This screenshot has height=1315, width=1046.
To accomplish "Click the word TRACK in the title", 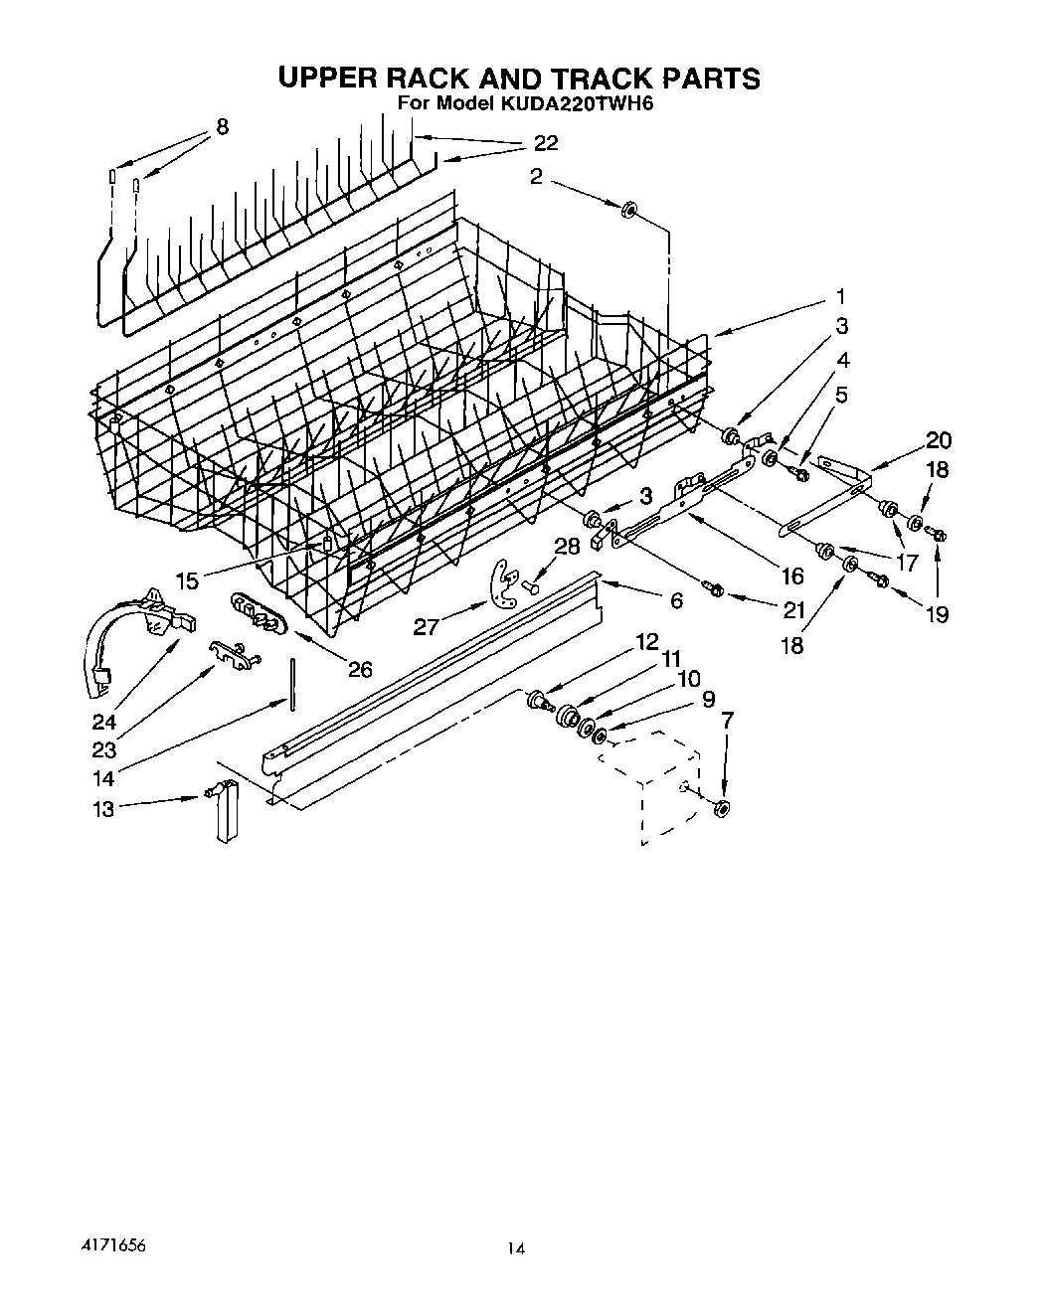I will pyautogui.click(x=585, y=78).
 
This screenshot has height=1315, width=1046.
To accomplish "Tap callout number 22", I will pyautogui.click(x=545, y=143).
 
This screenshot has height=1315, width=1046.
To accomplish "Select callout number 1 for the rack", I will pyautogui.click(x=841, y=296).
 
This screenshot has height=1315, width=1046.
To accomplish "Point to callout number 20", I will pyautogui.click(x=939, y=440).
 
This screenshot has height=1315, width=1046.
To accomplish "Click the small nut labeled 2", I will pyautogui.click(x=628, y=211).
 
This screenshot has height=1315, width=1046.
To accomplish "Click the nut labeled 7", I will pyautogui.click(x=723, y=809).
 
